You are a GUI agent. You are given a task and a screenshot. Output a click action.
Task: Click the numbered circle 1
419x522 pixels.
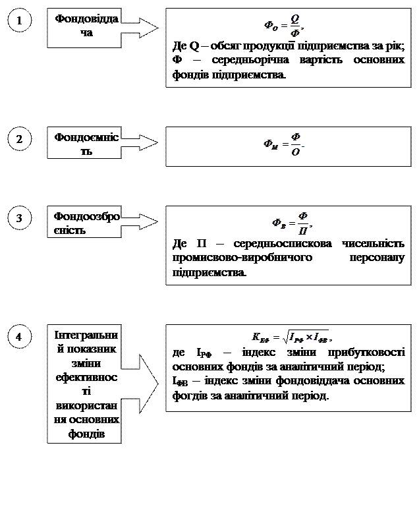pyautogui.click(x=20, y=22)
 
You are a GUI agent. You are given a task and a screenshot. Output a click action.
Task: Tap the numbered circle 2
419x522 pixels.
pyautogui.click(x=20, y=140)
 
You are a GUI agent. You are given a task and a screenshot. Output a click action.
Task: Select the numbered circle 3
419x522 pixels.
pyautogui.click(x=20, y=219)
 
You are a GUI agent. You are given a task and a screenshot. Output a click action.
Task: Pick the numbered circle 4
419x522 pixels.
pyautogui.click(x=20, y=337)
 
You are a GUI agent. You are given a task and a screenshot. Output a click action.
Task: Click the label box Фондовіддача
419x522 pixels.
pyautogui.click(x=84, y=28)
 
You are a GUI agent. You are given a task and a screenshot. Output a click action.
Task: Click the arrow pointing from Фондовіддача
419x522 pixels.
pyautogui.click(x=138, y=28)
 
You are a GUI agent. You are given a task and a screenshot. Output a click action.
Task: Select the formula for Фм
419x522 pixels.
pyautogui.click(x=285, y=144)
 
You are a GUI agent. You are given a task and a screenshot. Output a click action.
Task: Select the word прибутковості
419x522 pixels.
pyautogui.click(x=363, y=353)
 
